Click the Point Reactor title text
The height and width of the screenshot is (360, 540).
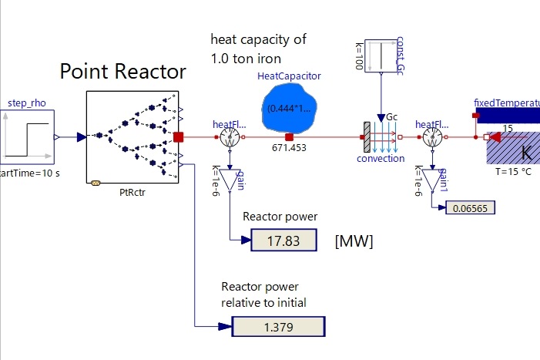coord(122,72)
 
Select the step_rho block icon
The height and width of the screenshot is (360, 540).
coord(27,137)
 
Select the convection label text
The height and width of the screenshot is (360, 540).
coord(381,159)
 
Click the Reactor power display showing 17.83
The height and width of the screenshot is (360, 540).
coord(283,241)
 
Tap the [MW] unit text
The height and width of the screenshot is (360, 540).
coord(354,241)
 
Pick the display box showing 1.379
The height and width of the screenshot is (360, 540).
coord(283,328)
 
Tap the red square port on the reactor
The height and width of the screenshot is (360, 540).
coord(179,137)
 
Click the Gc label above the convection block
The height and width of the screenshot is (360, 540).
coord(391,116)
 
